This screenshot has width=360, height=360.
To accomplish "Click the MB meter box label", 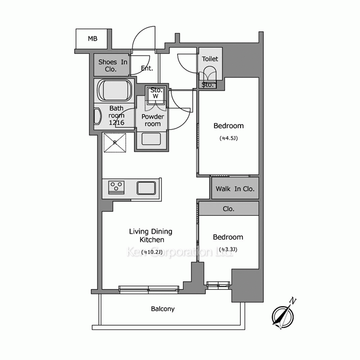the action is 93,39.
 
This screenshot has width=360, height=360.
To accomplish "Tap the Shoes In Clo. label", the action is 113,66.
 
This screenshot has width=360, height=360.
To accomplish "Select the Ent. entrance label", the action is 147,68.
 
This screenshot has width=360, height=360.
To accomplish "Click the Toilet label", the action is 210,59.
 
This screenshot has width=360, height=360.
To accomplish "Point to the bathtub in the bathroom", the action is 114,90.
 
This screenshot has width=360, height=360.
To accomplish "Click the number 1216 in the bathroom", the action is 116,123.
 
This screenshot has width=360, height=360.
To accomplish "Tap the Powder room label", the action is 153,120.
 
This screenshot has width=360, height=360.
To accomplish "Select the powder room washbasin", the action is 151,139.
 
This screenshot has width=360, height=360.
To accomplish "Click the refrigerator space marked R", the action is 115,143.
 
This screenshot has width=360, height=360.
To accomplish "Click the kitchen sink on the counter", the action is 146,188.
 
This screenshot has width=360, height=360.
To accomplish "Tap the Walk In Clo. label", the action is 235,189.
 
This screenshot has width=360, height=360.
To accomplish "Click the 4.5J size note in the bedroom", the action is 229,138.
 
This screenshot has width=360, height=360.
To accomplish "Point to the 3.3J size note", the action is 228,249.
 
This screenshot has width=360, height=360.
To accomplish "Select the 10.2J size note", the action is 152,252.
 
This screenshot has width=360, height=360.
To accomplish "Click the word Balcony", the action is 163,309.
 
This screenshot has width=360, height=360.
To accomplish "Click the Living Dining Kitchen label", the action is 150,235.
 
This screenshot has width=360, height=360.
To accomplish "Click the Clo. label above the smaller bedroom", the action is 229,209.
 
